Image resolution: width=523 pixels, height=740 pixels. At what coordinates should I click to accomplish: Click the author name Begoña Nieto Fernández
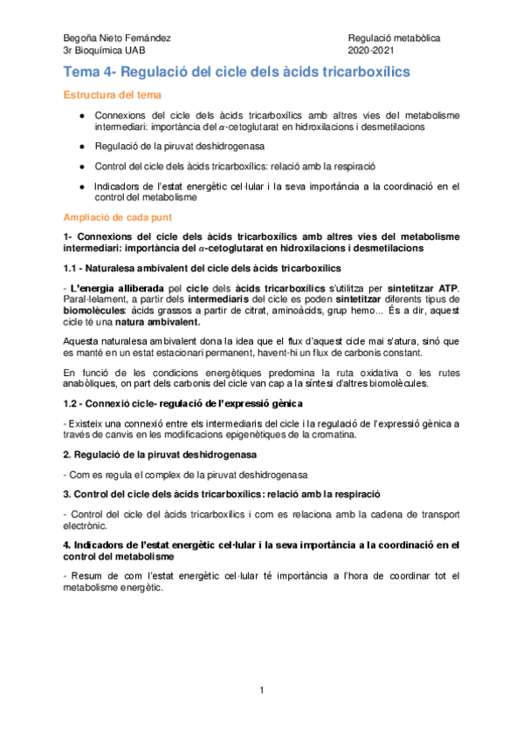click(117, 38)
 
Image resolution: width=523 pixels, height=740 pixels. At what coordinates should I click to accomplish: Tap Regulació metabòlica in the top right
click(394, 38)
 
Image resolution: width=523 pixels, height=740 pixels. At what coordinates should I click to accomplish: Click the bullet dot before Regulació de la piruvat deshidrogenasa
click(80, 146)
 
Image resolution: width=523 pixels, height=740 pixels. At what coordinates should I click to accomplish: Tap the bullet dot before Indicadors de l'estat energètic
click(80, 185)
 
